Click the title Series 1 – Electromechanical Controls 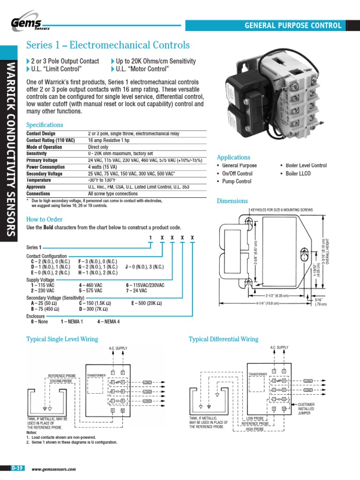pyautogui.click(x=108, y=45)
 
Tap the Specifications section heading pyautogui.click(x=45, y=125)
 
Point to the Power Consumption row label pyautogui.click(x=45, y=167)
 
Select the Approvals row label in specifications pyautogui.click(x=38, y=187)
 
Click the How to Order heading pyautogui.click(x=45, y=219)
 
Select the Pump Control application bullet pyautogui.click(x=236, y=181)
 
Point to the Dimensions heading pyautogui.click(x=232, y=201)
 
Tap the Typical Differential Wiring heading pyautogui.click(x=223, y=339)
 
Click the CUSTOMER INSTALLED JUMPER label pyautogui.click(x=306, y=409)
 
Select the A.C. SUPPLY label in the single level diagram pyautogui.click(x=118, y=348)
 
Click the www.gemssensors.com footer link pyautogui.click(x=53, y=469)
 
